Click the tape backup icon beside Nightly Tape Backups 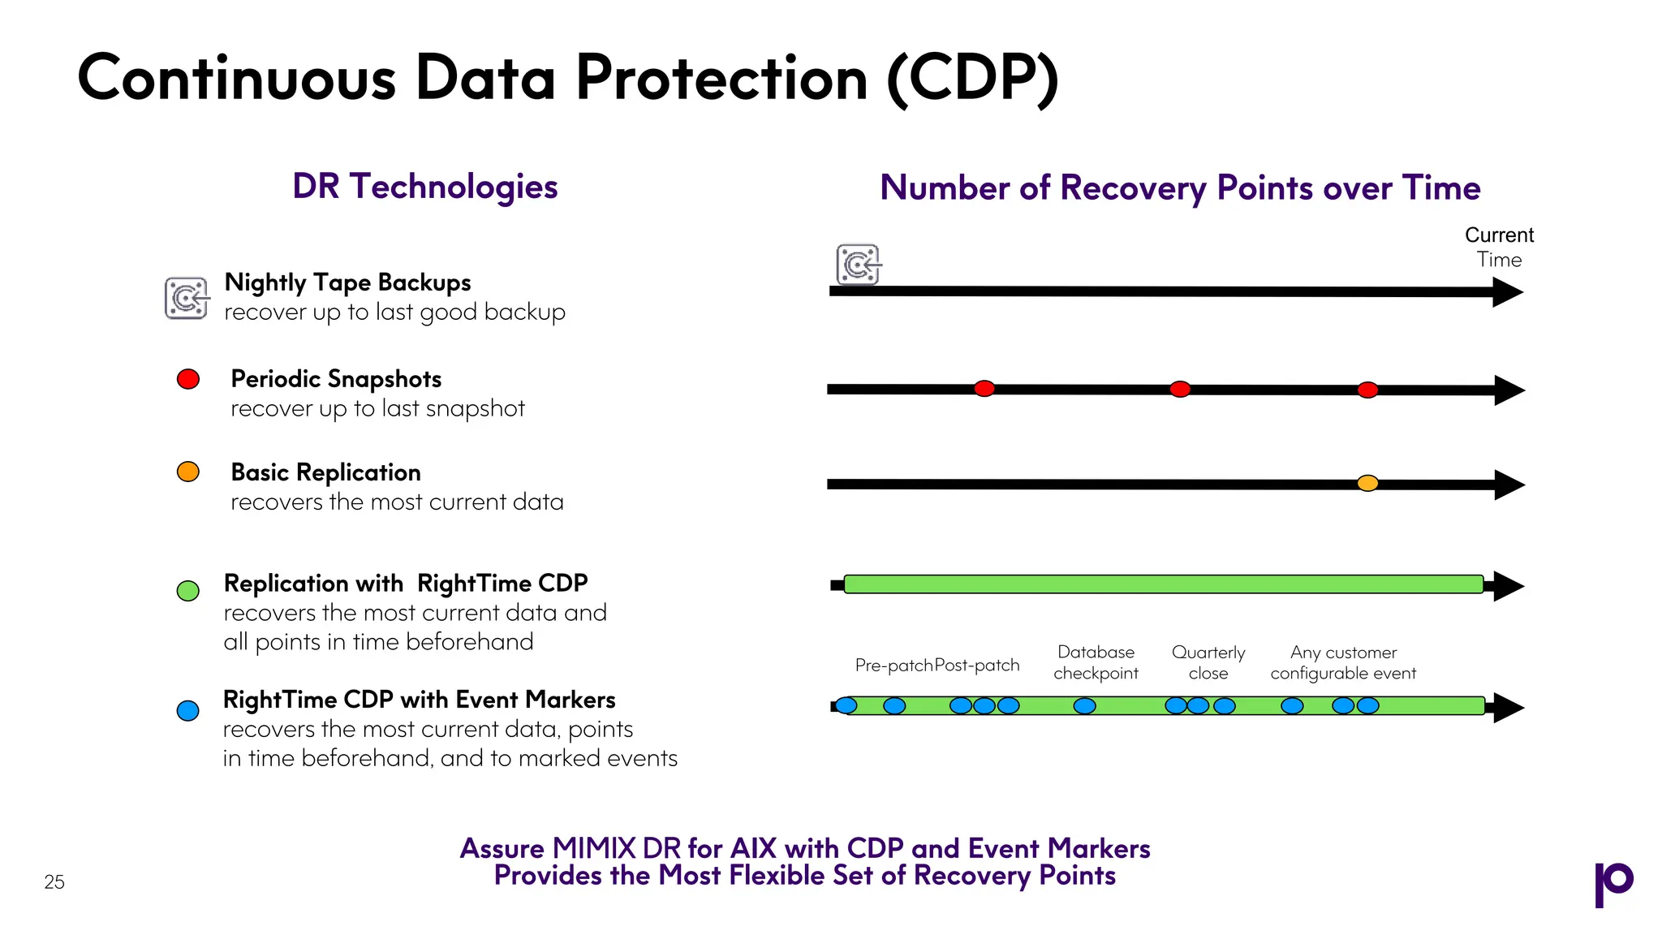coord(187,298)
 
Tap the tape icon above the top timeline coord(858,265)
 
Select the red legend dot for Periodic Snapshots coord(188,379)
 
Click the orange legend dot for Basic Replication coord(188,472)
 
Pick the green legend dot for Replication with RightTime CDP coord(188,591)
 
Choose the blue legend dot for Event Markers coord(188,711)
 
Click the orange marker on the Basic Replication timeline coord(1367,484)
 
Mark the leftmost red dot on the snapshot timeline coord(984,389)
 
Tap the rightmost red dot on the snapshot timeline coord(1367,390)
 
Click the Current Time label coord(1499,247)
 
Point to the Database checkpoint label coord(1096,662)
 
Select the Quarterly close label coord(1208,662)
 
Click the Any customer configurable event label coord(1343,662)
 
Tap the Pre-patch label coord(893,666)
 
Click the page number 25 coord(54,882)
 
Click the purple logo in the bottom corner coord(1613,883)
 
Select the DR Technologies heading coord(424,187)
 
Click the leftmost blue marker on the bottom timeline coord(846,705)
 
